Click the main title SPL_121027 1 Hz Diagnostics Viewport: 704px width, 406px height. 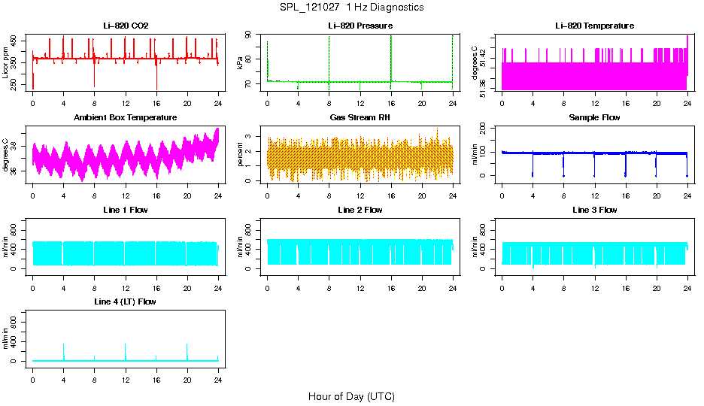pos(351,8)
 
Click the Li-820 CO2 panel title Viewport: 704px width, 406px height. pos(126,26)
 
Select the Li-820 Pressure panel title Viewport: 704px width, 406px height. pos(360,26)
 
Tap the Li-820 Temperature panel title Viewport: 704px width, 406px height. pos(594,26)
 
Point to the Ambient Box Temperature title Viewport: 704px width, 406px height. pos(126,118)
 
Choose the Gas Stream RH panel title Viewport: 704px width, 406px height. pos(360,118)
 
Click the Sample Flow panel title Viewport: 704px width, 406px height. pos(594,118)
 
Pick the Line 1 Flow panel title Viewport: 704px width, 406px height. pos(126,210)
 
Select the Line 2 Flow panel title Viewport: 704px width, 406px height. pos(360,210)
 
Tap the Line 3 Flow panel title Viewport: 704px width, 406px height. pos(594,210)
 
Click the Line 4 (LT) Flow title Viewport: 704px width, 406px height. pos(126,301)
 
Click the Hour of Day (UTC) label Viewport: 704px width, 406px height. pos(351,396)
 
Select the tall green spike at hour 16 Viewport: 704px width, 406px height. pos(391,56)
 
